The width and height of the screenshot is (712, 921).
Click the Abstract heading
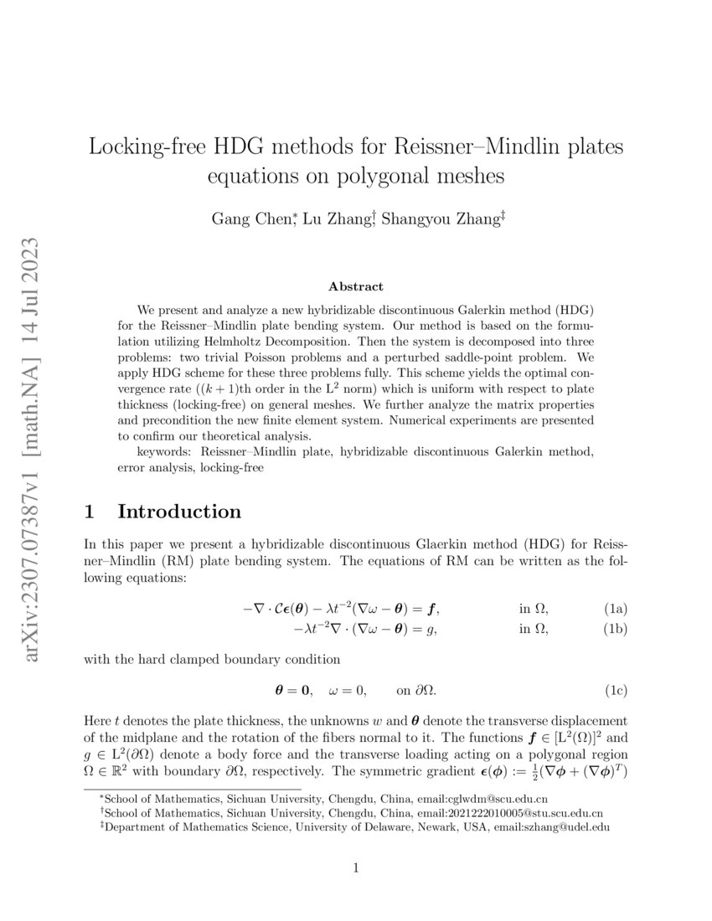[355, 286]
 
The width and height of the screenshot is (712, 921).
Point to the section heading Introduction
[179, 512]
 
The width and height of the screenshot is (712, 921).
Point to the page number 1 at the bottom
[356, 868]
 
